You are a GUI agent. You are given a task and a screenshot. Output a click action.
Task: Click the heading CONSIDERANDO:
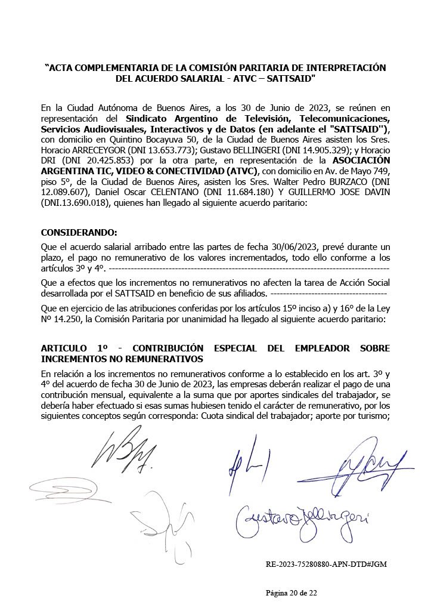pos(79,232)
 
